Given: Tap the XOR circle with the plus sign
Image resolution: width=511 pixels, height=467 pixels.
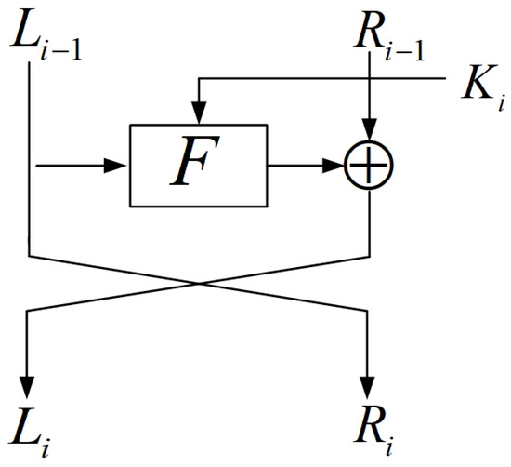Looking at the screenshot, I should [x=370, y=166].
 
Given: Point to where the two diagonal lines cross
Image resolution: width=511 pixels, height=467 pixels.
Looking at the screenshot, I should [x=200, y=283].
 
